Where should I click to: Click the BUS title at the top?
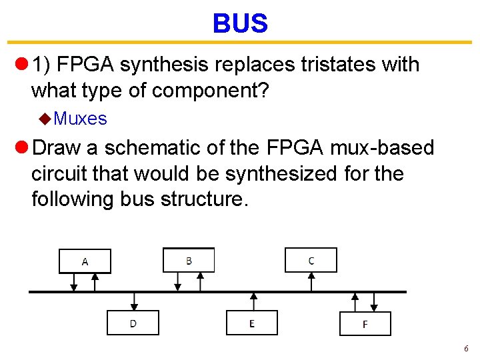(x=240, y=24)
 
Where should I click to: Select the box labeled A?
(x=85, y=261)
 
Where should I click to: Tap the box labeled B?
(x=189, y=259)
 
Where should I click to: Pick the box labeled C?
(x=311, y=259)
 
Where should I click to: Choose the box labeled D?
(x=133, y=323)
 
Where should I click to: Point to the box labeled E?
(x=252, y=323)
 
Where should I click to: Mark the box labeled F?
(x=365, y=323)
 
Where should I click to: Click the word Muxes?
(x=80, y=119)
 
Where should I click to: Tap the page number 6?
(x=466, y=349)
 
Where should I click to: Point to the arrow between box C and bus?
(x=311, y=281)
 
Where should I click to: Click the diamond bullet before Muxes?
(x=45, y=119)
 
